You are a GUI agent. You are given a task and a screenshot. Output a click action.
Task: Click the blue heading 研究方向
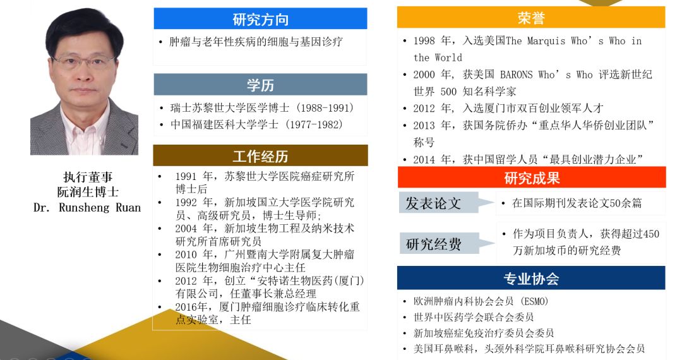click(x=260, y=20)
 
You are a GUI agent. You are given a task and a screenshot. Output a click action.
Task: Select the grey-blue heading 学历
click(x=260, y=85)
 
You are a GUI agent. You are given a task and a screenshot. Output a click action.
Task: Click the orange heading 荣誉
click(x=531, y=18)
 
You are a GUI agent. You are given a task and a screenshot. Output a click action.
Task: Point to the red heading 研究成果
click(x=532, y=178)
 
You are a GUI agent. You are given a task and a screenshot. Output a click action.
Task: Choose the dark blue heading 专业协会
click(x=531, y=279)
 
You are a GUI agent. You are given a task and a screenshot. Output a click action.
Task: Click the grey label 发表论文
click(x=433, y=203)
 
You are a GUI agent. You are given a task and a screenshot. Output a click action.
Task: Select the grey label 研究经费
click(x=433, y=244)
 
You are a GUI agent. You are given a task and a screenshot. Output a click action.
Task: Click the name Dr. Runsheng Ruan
click(x=87, y=207)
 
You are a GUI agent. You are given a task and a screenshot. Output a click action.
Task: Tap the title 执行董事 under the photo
click(x=88, y=177)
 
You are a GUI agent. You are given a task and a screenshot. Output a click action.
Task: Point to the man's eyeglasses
click(x=83, y=62)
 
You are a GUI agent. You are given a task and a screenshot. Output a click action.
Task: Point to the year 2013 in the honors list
click(x=424, y=126)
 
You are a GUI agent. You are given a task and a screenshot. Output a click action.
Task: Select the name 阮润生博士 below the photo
click(x=88, y=192)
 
